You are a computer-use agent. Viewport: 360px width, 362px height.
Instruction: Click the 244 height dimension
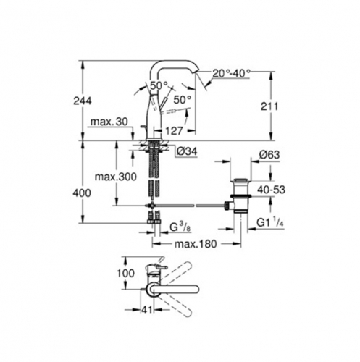(x=83, y=101)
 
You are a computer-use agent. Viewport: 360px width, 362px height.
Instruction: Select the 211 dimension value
(x=269, y=106)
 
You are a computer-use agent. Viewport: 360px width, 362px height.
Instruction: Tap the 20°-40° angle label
(x=232, y=73)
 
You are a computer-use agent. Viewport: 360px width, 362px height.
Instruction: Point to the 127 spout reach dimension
(x=175, y=131)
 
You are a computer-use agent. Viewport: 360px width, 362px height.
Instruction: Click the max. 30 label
(x=109, y=122)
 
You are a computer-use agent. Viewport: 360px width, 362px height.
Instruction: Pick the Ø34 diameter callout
(x=187, y=151)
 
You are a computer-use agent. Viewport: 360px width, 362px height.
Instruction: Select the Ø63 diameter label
(x=269, y=155)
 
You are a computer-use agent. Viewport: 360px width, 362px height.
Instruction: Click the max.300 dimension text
(x=116, y=177)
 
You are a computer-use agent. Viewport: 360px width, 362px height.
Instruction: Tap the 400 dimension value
(x=82, y=193)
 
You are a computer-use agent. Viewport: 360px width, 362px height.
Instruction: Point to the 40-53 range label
(x=271, y=190)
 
